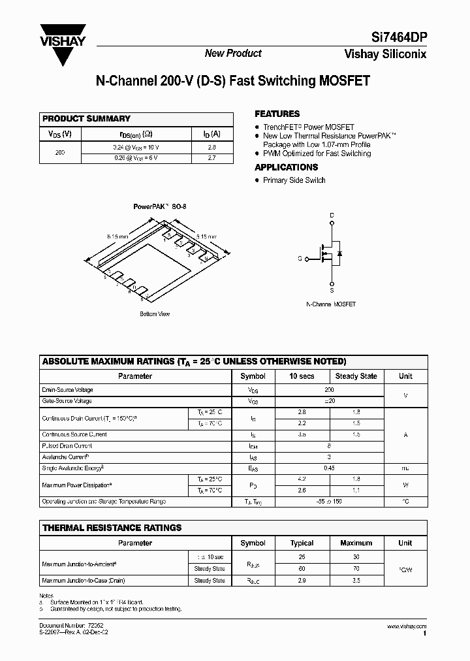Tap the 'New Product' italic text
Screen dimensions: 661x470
pyautogui.click(x=233, y=54)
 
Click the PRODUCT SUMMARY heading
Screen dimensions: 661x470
pyautogui.click(x=86, y=119)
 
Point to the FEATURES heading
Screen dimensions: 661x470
pyautogui.click(x=277, y=114)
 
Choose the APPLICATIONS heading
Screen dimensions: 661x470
pyautogui.click(x=286, y=167)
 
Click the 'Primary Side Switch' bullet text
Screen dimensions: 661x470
pyautogui.click(x=294, y=180)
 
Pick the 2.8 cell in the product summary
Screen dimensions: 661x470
pyautogui.click(x=211, y=148)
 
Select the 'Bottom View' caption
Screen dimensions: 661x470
pyautogui.click(x=155, y=314)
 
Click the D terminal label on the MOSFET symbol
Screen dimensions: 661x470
pyautogui.click(x=332, y=215)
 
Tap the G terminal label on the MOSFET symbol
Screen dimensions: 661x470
pyautogui.click(x=300, y=259)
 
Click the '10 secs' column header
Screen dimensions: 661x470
pyautogui.click(x=302, y=376)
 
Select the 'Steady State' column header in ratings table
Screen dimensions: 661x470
pyautogui.click(x=356, y=376)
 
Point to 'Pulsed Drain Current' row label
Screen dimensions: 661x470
pyautogui.click(x=67, y=446)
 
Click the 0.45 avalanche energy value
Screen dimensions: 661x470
pyautogui.click(x=328, y=468)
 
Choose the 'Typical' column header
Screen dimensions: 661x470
pyautogui.click(x=302, y=543)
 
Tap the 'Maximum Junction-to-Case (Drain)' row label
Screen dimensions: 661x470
pyautogui.click(x=83, y=580)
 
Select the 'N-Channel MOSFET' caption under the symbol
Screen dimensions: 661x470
pyautogui.click(x=331, y=305)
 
